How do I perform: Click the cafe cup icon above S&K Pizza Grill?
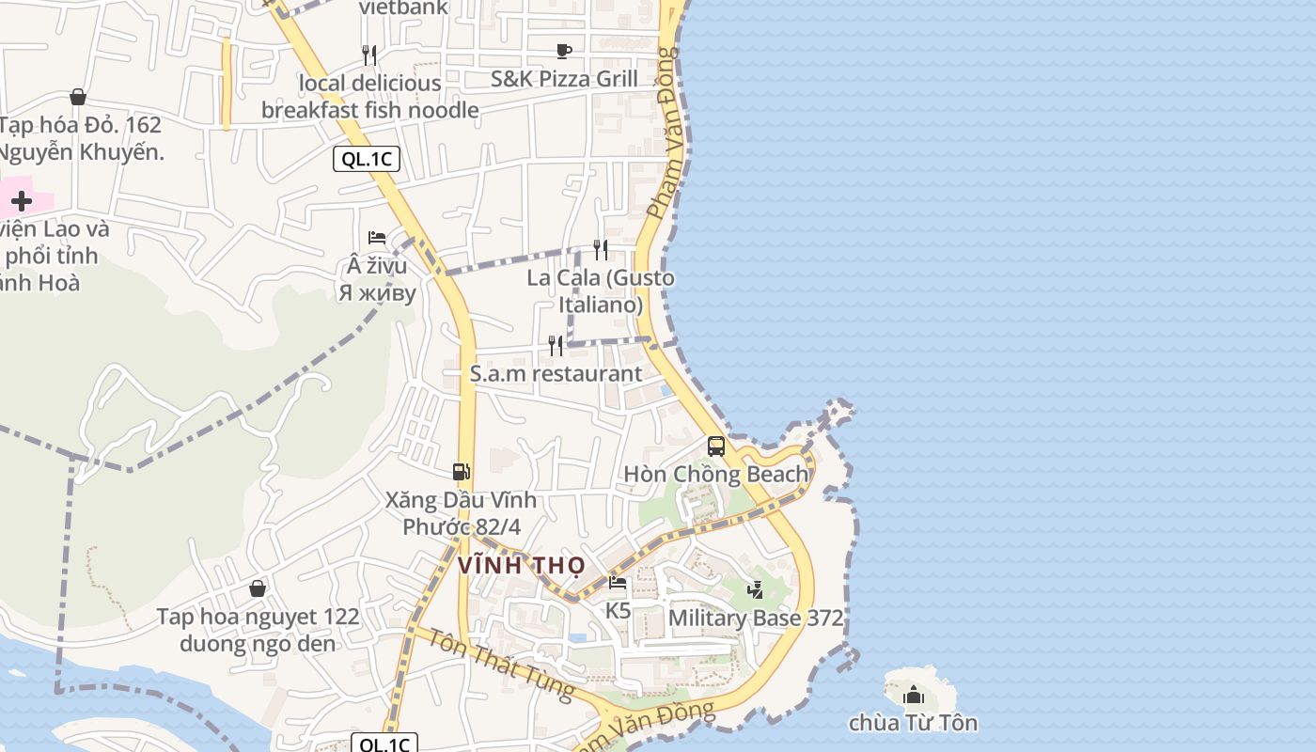564,51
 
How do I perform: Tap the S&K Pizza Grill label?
564,79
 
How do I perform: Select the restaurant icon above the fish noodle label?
369,55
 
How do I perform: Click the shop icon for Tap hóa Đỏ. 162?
78,97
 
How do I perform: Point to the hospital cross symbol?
22,200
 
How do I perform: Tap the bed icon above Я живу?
377,238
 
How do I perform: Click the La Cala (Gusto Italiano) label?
601,291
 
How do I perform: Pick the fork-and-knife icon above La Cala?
600,249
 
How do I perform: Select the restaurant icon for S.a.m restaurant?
556,346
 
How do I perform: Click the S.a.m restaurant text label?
556,374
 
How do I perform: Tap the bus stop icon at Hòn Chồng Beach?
716,446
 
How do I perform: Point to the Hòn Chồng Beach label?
716,475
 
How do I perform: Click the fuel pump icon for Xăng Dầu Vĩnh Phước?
461,472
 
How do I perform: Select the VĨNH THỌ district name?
522,566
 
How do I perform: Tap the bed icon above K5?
618,583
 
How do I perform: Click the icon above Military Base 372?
755,589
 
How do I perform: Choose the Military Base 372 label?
755,619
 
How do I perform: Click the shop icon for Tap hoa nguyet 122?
258,588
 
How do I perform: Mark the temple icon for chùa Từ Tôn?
913,696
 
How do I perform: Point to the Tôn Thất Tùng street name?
493,665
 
